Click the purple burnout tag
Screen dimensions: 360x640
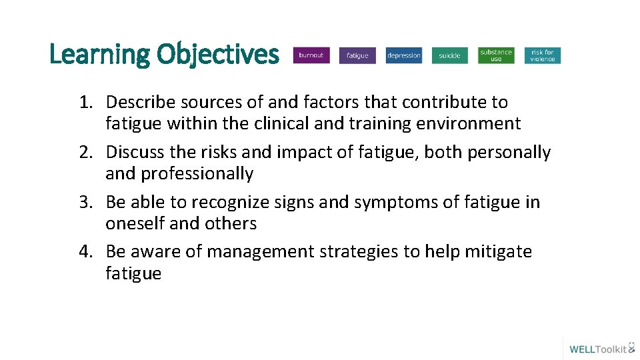click(311, 55)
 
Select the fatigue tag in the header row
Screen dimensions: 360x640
click(357, 56)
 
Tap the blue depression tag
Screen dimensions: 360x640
click(404, 56)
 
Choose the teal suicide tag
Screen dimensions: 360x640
click(450, 56)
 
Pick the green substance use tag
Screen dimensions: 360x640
click(496, 55)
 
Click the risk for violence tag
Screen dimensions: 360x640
click(543, 55)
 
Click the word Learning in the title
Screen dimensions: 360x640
click(99, 54)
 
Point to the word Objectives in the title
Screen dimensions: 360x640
click(217, 54)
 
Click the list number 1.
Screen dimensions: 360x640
click(85, 102)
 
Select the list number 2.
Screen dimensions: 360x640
click(85, 152)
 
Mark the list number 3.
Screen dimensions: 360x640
click(85, 202)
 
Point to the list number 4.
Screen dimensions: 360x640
click(85, 251)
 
